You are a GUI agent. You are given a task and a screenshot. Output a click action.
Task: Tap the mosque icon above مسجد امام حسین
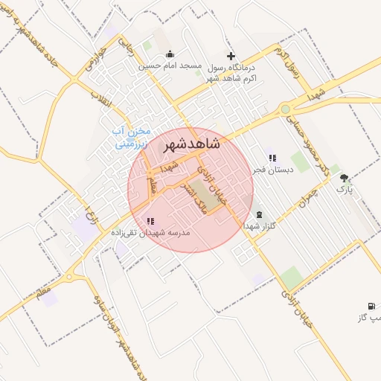pos(170,54)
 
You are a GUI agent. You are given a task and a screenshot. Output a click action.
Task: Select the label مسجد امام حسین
pos(170,65)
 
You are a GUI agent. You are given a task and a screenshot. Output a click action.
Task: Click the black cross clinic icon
pos(231,56)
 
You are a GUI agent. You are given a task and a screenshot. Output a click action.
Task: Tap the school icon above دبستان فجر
pos(272,158)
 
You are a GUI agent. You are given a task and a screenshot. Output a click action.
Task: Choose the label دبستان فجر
pos(272,170)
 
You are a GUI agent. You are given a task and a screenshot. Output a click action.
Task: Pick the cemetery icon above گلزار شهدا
pos(259,214)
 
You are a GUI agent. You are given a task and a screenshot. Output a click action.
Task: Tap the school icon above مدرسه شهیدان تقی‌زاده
pos(151,221)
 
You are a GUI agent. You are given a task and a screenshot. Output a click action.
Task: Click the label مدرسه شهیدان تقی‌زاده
pos(151,233)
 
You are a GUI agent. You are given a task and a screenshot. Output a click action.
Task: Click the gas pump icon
pos(371,306)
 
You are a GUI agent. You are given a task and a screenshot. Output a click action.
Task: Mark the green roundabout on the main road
pos(285,109)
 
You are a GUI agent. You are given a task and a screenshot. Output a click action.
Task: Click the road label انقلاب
pos(99,96)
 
